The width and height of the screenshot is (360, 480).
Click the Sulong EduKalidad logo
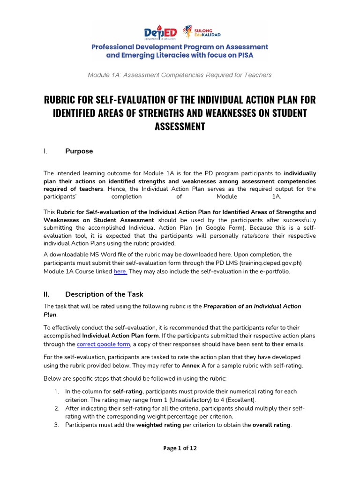201,31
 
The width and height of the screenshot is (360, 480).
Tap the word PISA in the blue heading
258,55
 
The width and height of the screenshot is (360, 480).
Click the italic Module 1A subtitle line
180,75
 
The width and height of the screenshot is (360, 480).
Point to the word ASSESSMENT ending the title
180,127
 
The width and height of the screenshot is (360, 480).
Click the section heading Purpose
79,151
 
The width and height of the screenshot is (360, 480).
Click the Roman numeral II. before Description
46,294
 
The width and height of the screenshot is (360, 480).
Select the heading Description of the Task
104,294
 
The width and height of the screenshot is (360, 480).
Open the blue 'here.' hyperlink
120,271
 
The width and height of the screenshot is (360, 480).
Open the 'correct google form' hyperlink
103,344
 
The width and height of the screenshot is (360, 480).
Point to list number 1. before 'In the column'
56,391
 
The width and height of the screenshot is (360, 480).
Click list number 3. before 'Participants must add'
56,425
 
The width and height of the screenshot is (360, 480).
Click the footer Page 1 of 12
180,448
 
